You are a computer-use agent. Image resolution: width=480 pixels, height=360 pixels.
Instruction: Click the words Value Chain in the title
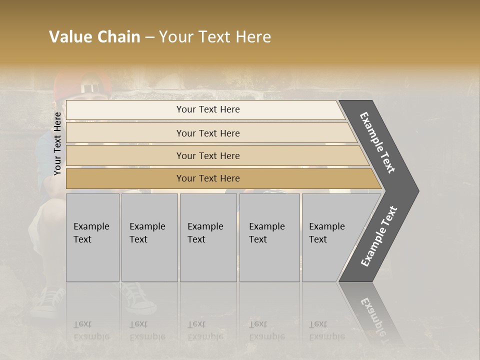pyautogui.click(x=94, y=37)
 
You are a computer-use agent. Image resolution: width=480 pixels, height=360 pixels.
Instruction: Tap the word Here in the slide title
pyautogui.click(x=253, y=37)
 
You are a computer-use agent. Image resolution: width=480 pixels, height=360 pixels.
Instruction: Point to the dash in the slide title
pyautogui.click(x=149, y=37)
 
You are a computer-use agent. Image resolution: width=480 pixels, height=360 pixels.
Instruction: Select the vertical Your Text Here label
pyautogui.click(x=57, y=143)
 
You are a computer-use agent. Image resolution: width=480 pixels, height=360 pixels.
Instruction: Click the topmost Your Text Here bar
pyautogui.click(x=207, y=109)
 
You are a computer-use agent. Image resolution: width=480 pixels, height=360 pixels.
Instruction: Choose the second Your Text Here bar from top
pyautogui.click(x=207, y=133)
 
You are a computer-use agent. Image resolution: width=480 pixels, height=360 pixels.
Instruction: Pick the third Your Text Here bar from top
pyautogui.click(x=207, y=155)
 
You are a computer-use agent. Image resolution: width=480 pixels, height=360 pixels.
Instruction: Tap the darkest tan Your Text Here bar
pyautogui.click(x=207, y=178)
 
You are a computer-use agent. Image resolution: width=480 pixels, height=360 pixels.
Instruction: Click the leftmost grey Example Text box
pyautogui.click(x=92, y=237)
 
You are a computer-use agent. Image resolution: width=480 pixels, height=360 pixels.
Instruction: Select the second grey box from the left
pyautogui.click(x=149, y=237)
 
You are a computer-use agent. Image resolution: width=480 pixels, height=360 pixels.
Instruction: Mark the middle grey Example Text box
pyautogui.click(x=208, y=237)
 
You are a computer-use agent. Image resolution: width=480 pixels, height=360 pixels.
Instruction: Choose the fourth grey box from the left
pyautogui.click(x=269, y=237)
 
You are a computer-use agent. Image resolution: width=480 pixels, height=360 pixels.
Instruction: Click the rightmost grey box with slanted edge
pyautogui.click(x=330, y=237)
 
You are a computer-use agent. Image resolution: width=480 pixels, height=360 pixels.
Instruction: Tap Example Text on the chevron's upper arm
pyautogui.click(x=377, y=142)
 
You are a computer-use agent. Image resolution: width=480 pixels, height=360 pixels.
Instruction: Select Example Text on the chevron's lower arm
pyautogui.click(x=379, y=236)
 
